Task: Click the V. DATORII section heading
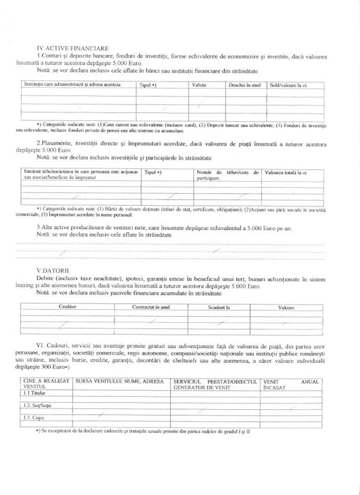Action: tap(53, 271)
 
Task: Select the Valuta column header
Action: tap(199, 85)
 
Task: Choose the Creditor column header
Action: tap(67, 307)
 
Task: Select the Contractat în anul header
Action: tap(151, 307)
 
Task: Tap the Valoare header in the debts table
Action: tap(287, 307)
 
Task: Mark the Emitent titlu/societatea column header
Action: tap(80, 175)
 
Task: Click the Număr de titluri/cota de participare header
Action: tap(227, 175)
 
